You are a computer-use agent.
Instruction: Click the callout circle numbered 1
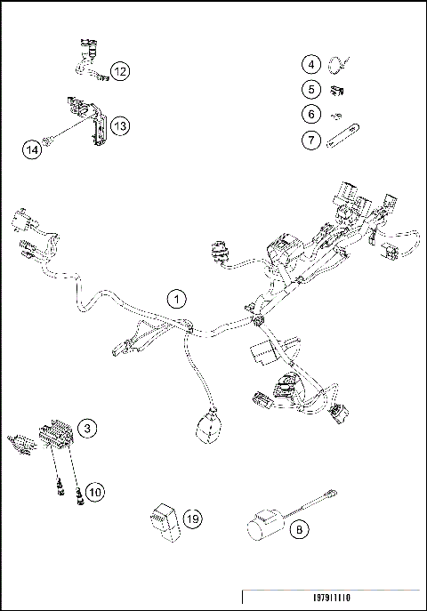tap(179, 299)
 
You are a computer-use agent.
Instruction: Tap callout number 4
tap(310, 64)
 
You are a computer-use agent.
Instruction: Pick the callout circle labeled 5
tap(310, 89)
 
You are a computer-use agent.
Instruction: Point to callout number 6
tap(310, 114)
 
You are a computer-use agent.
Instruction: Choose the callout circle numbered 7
tap(310, 139)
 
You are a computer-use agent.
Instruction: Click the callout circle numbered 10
tap(94, 491)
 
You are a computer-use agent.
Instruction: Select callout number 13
tap(120, 126)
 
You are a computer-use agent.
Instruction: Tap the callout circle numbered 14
tap(31, 150)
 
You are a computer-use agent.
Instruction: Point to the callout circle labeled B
tap(301, 531)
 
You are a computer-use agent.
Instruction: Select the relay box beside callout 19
tap(164, 518)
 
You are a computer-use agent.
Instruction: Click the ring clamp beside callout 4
tap(336, 63)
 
